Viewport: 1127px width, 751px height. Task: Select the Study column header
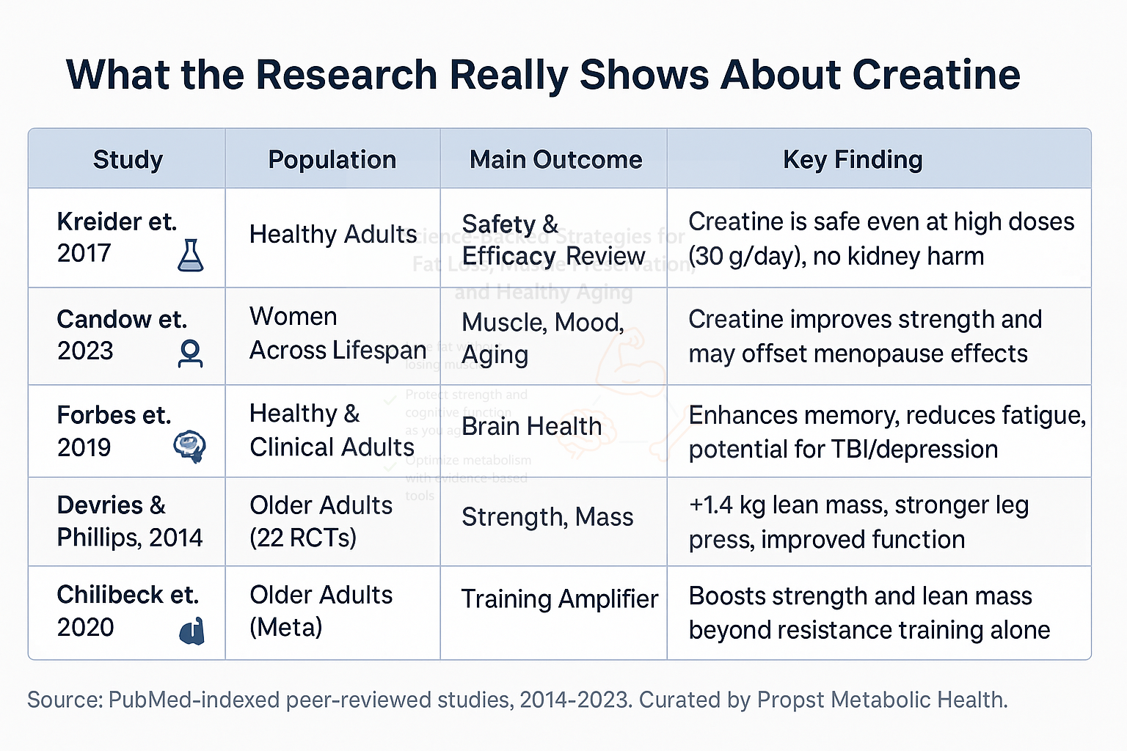[128, 159]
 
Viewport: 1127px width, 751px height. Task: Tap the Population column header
[332, 159]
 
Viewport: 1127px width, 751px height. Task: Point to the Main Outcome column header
[555, 159]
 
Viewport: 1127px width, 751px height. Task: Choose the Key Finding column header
[853, 159]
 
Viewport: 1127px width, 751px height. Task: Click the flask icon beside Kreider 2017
[191, 255]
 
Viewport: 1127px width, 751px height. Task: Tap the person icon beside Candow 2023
[191, 353]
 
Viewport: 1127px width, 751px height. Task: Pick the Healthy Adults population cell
[332, 235]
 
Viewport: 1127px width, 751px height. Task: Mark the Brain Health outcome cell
[531, 426]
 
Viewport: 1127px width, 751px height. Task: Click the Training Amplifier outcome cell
[559, 599]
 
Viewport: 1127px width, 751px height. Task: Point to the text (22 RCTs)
[302, 538]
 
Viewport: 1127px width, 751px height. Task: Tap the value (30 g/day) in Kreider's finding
[743, 257]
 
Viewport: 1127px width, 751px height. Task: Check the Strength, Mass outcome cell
[547, 517]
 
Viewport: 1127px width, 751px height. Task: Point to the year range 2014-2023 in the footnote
[575, 700]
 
